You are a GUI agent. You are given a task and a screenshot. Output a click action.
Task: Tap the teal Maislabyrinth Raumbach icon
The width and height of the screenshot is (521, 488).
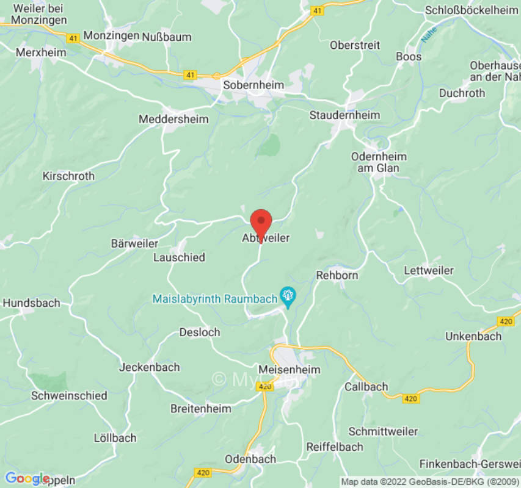coord(288,297)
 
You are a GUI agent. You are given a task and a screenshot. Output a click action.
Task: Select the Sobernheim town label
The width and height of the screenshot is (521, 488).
coord(253,85)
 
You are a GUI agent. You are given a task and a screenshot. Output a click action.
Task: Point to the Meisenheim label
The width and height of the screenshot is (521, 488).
coord(290,370)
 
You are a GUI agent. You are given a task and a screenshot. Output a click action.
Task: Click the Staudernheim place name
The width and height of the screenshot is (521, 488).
coord(344,115)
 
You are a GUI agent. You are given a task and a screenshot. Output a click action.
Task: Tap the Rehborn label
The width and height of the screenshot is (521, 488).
coord(337,275)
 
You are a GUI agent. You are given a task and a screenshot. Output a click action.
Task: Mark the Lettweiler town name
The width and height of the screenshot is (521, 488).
coord(429,270)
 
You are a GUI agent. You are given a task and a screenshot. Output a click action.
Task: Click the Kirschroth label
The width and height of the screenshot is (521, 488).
coord(68,176)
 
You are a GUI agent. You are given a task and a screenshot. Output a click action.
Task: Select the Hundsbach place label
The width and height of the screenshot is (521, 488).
coord(32,303)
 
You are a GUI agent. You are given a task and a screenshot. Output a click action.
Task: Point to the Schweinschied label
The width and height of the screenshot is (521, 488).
coord(69,395)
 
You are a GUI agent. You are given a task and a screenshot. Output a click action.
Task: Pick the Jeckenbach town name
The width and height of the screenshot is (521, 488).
coord(150,367)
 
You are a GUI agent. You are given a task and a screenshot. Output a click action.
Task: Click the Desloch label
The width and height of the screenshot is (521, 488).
coord(200,332)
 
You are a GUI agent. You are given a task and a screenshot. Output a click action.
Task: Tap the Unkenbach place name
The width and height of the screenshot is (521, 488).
coord(473,336)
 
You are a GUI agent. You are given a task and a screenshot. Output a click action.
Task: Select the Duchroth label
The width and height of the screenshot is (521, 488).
coord(462,93)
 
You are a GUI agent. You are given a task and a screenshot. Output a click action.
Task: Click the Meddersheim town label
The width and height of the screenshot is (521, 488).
coord(173,120)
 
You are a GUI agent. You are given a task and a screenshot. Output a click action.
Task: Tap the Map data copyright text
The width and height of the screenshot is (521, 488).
coord(429,482)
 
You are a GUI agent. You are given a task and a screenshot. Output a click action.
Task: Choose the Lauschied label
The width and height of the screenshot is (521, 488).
coord(179,257)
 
